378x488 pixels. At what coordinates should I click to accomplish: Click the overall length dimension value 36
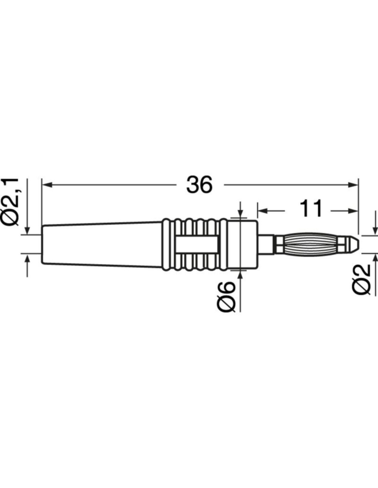tap(199, 185)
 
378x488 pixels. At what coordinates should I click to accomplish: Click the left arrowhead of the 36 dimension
tap(47, 185)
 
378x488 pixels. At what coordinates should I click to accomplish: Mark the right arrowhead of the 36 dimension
tap(353, 185)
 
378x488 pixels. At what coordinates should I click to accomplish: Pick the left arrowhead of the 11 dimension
tap(263, 211)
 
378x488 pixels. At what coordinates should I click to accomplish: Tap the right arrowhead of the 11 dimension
tap(353, 211)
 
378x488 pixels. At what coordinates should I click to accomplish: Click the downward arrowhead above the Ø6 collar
tap(241, 213)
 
